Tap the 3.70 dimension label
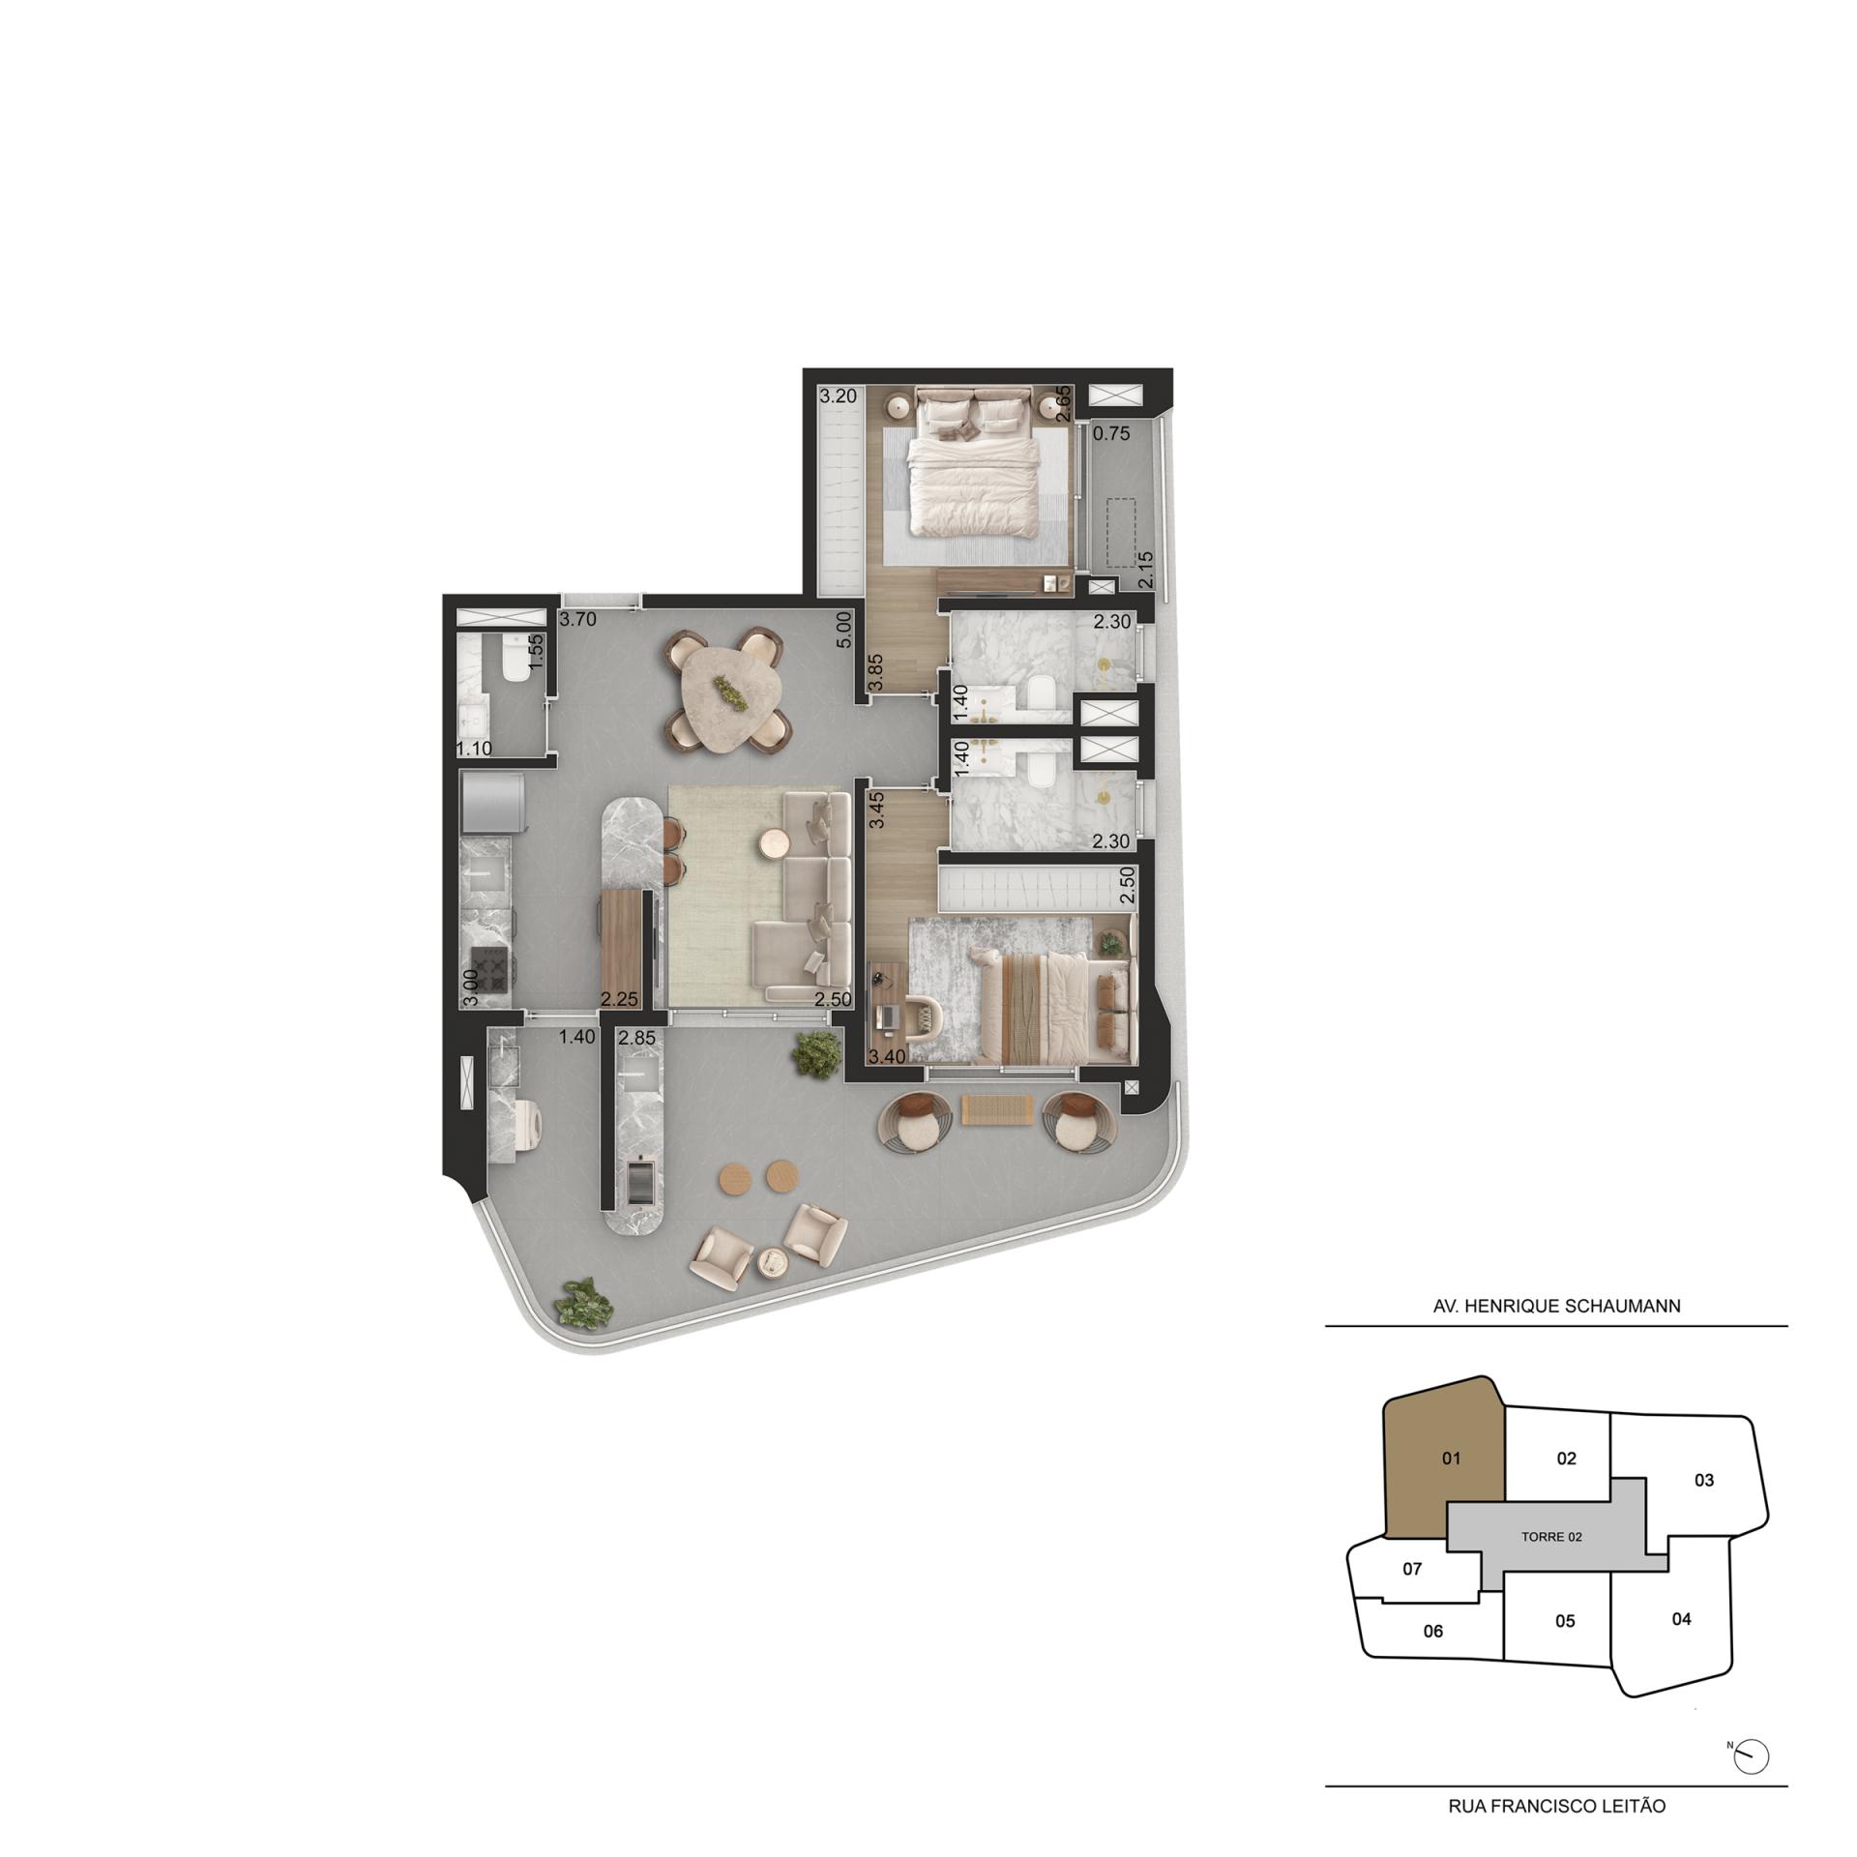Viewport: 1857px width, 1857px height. (578, 620)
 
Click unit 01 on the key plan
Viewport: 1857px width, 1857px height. (1450, 1458)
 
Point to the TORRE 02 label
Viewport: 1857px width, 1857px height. (1551, 1537)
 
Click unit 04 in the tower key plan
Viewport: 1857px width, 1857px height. (1682, 1618)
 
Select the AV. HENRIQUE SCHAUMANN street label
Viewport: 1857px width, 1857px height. (1556, 1306)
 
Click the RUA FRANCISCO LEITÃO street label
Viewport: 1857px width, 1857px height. (1556, 1806)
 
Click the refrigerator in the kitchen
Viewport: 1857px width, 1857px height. (494, 802)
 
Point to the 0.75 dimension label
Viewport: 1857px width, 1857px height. (1111, 433)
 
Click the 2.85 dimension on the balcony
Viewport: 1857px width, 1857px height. (636, 1038)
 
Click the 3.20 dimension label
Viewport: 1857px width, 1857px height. (838, 396)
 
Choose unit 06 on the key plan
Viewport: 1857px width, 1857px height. (1432, 1631)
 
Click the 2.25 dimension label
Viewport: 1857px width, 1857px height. (616, 999)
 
